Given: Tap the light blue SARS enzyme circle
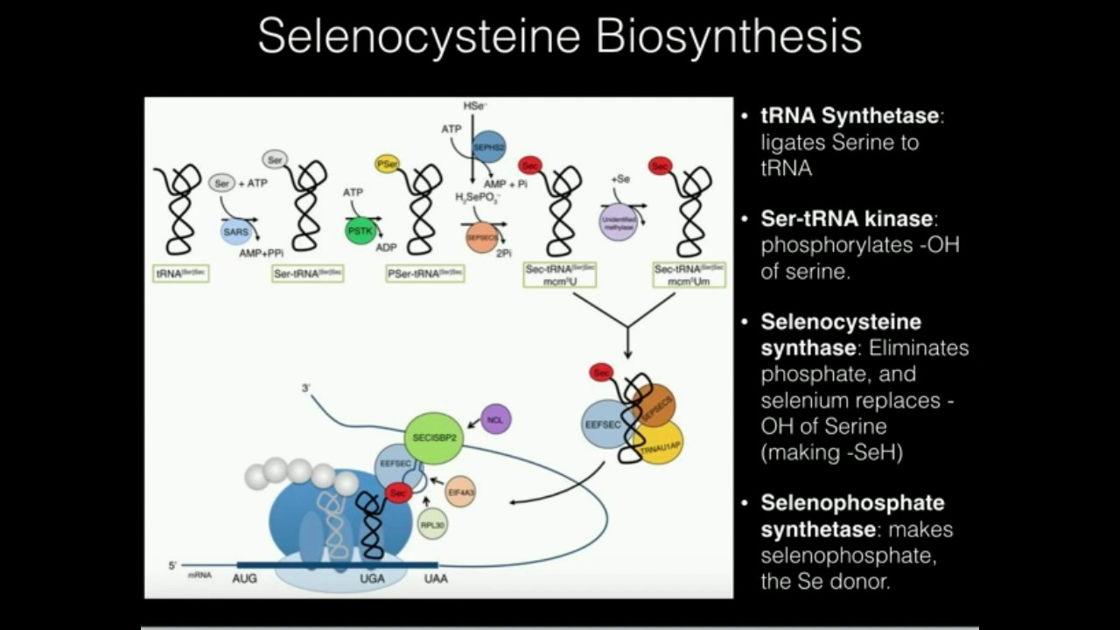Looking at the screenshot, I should click(235, 232).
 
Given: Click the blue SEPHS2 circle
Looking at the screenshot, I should click(489, 148).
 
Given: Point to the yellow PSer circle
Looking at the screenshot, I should click(387, 164).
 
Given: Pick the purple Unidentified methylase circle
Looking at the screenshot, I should click(618, 221).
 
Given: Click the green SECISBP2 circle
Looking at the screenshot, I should click(433, 437).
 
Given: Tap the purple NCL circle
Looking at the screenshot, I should click(496, 419).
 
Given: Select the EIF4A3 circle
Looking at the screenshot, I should click(460, 492).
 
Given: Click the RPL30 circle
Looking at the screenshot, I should click(433, 524).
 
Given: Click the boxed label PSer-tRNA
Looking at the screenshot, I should click(425, 274).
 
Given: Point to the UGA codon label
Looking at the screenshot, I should click(372, 578).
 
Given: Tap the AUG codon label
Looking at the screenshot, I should click(245, 578).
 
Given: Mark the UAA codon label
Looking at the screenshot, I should click(436, 578).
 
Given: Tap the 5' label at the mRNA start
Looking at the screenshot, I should click(172, 565).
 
